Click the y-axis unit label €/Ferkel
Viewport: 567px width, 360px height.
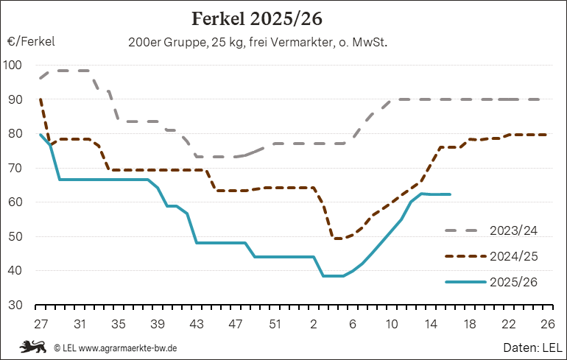pyautogui.click(x=32, y=42)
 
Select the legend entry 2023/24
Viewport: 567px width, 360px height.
pyautogui.click(x=513, y=230)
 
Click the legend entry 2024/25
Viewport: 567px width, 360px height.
pyautogui.click(x=513, y=256)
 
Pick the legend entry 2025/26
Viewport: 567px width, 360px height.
pyautogui.click(x=513, y=282)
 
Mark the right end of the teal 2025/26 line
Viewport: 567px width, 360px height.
pyautogui.click(x=450, y=194)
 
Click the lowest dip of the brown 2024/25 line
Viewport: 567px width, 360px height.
pyautogui.click(x=338, y=239)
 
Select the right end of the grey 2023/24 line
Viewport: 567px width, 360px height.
pyautogui.click(x=546, y=99)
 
